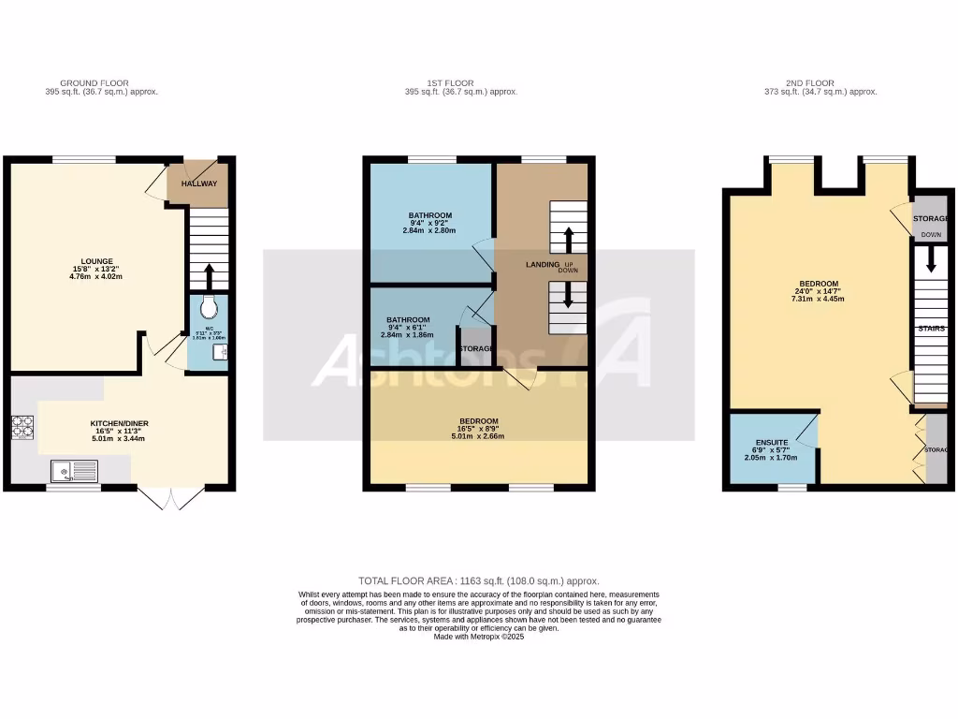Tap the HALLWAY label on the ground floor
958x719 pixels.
click(x=198, y=183)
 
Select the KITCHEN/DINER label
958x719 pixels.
click(x=119, y=423)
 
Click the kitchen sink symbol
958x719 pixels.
click(x=74, y=468)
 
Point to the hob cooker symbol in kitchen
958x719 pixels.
click(x=22, y=427)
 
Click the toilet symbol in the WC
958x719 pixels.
click(x=209, y=306)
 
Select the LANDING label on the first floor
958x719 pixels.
click(x=542, y=265)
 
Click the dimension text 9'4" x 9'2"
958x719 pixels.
click(x=429, y=223)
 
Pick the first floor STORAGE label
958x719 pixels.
click(x=475, y=348)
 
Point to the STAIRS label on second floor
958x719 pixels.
click(x=931, y=329)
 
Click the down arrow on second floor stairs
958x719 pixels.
click(x=930, y=262)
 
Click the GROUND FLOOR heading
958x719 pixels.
click(x=94, y=83)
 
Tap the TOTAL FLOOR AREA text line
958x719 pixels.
click(x=478, y=581)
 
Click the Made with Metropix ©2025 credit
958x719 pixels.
click(x=478, y=637)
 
